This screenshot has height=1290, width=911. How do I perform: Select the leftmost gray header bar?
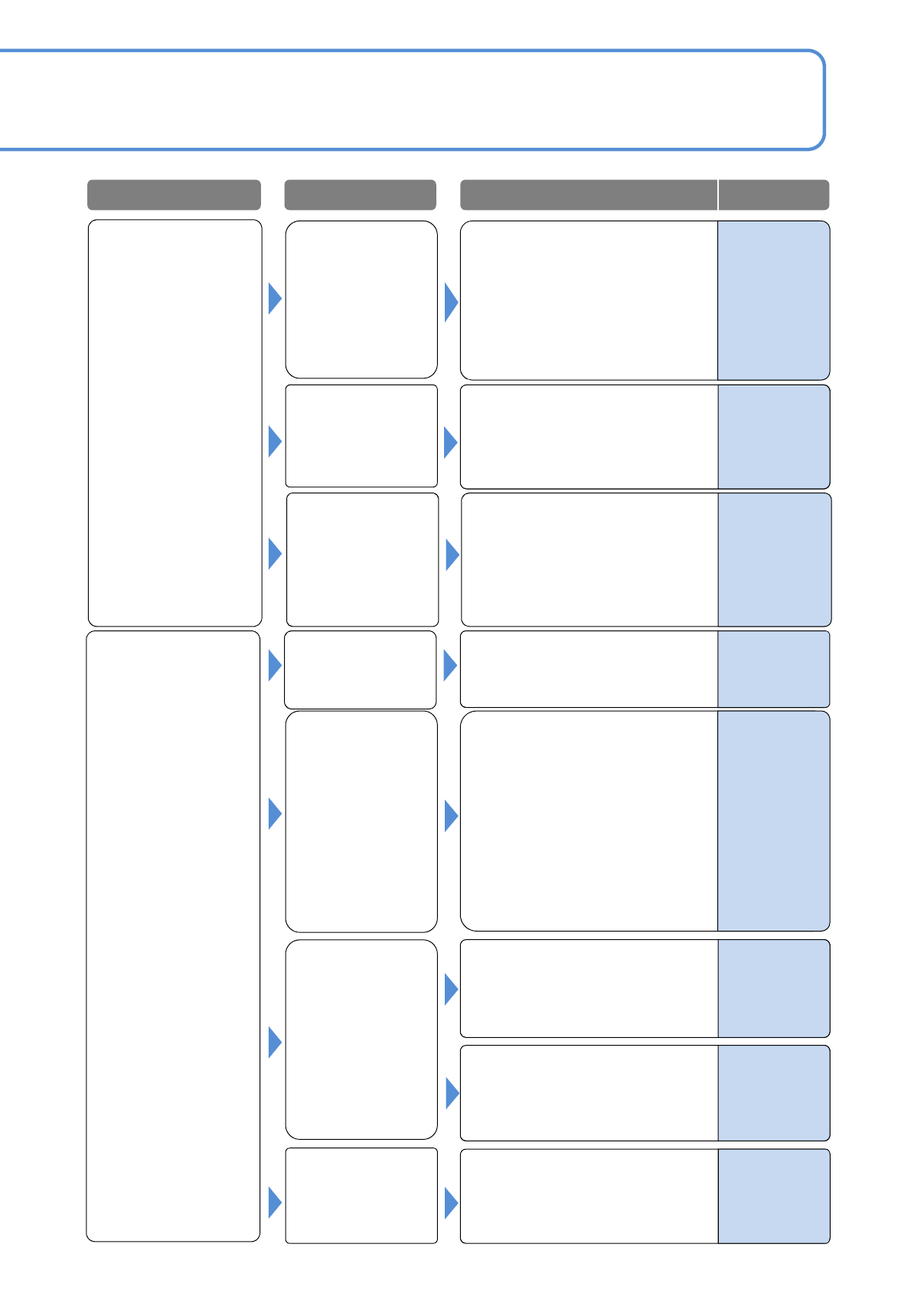[174, 195]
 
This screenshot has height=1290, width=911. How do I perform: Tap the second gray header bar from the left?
[360, 195]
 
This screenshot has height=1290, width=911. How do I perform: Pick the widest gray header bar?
[588, 195]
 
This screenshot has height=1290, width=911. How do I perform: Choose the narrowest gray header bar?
[774, 195]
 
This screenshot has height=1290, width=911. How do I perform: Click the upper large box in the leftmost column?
[175, 423]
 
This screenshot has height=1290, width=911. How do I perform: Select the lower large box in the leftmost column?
[173, 935]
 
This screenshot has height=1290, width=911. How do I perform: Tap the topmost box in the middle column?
[361, 300]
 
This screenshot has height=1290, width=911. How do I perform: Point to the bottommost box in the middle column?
[361, 1195]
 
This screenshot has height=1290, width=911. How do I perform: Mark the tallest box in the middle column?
[361, 821]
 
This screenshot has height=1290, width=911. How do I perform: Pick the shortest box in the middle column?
[360, 670]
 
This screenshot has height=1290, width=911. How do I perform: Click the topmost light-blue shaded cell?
[774, 300]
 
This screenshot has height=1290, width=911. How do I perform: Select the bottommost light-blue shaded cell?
[774, 1196]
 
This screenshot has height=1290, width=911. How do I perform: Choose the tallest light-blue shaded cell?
[774, 821]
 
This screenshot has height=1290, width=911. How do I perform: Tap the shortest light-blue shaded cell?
[774, 669]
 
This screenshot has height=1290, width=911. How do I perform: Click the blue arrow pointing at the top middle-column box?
[275, 298]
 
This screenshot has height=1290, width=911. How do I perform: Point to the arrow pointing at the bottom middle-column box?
[275, 1202]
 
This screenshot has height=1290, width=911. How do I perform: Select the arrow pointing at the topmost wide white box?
[451, 302]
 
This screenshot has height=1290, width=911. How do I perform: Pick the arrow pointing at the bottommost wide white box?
[451, 1203]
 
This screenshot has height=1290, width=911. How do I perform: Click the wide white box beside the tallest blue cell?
[588, 821]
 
